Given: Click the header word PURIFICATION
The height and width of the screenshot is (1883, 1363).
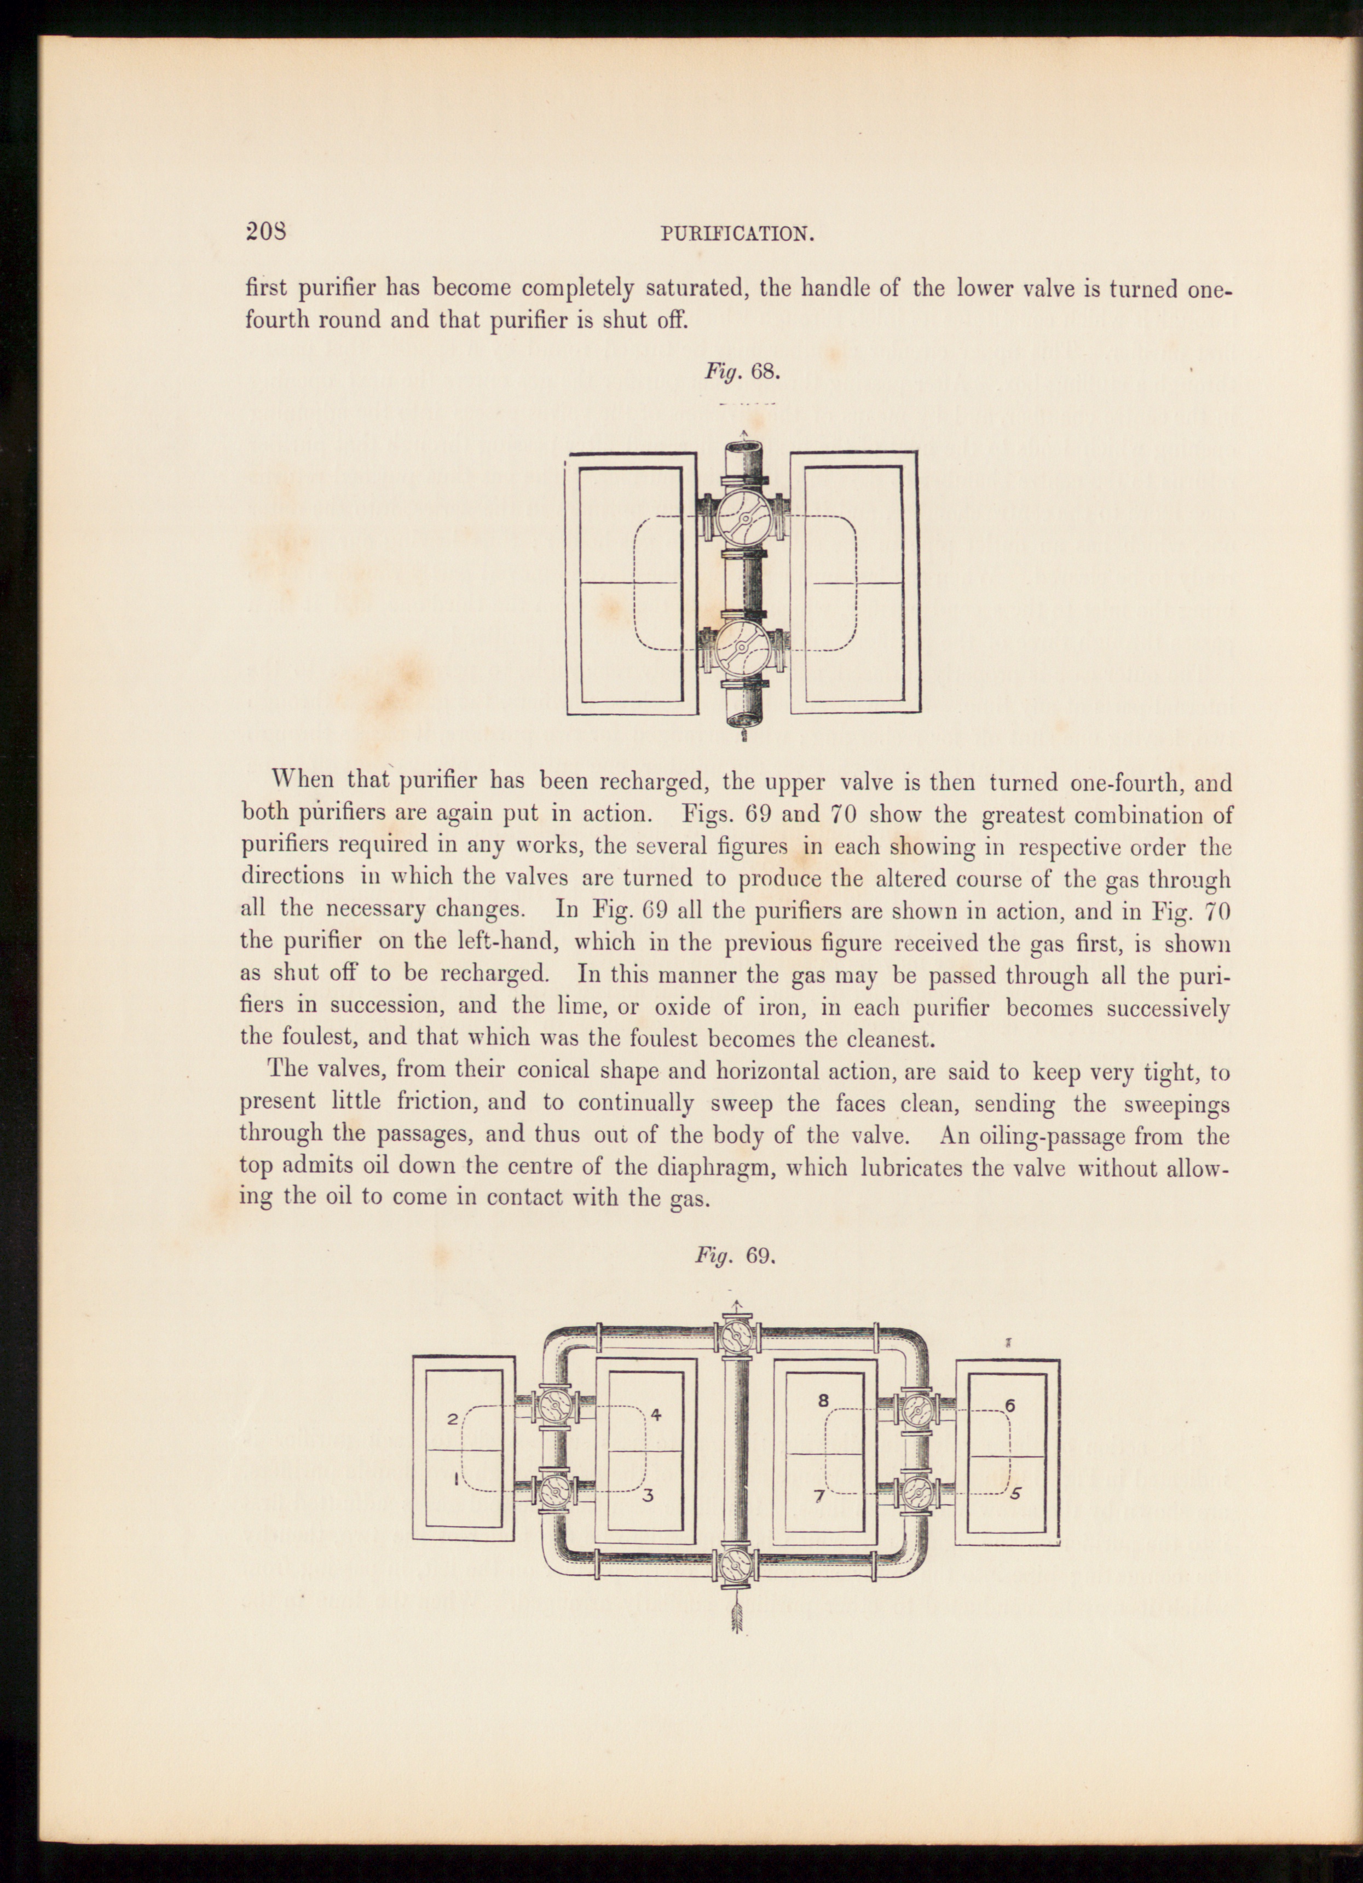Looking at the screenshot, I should (x=736, y=234).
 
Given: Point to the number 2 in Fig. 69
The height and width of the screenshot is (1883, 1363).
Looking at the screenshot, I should (x=452, y=1419).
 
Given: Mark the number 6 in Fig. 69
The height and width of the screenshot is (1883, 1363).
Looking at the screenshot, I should (x=1010, y=1406).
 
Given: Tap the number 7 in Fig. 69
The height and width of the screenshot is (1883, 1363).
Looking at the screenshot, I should (x=818, y=1496).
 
